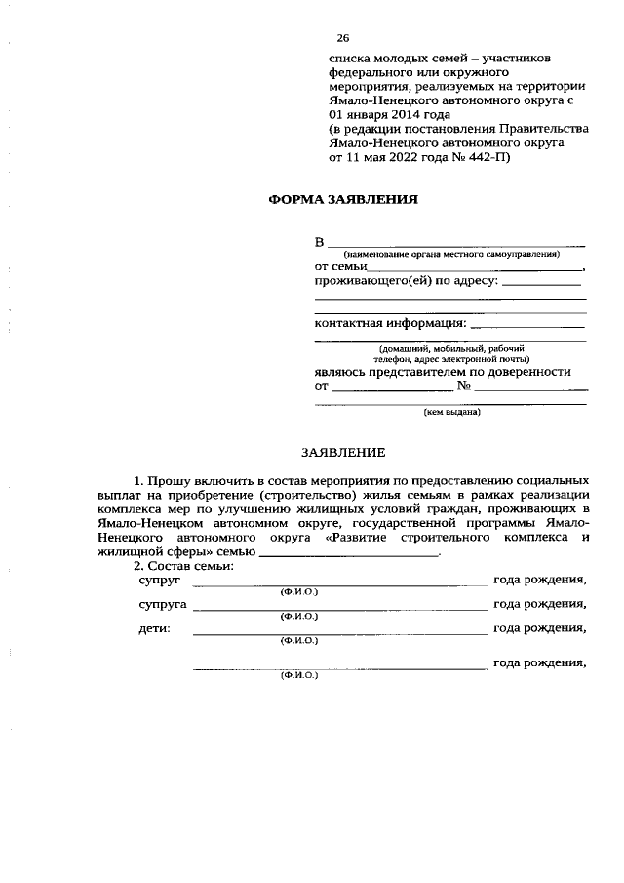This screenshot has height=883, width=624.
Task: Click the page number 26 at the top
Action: [342, 38]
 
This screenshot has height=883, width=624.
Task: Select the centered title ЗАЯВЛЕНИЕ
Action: [342, 452]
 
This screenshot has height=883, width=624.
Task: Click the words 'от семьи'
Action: [340, 266]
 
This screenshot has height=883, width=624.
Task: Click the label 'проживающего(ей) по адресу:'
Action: [406, 281]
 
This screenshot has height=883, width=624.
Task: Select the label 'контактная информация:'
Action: [390, 323]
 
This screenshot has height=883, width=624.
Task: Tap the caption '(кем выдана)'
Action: [450, 412]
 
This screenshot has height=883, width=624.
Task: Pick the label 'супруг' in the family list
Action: [155, 580]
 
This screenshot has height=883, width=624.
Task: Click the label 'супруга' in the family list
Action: [159, 604]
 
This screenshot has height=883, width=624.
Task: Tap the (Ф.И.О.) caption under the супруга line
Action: [298, 617]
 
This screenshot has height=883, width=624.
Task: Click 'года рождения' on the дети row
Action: [540, 628]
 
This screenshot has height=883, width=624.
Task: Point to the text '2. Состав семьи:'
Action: [183, 566]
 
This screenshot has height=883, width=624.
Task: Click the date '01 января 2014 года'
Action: [388, 114]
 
